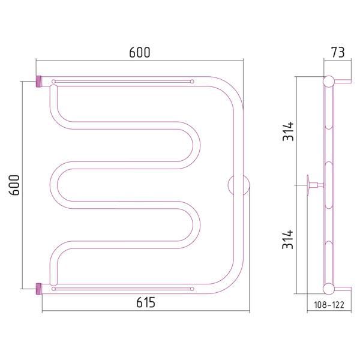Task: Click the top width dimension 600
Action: pyautogui.click(x=140, y=52)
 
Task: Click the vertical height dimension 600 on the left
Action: pyautogui.click(x=14, y=185)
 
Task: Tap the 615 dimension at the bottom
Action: pyautogui.click(x=146, y=302)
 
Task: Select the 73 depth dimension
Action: pyautogui.click(x=338, y=52)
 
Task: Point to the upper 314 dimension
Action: pyautogui.click(x=288, y=131)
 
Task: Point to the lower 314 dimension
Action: pyautogui.click(x=288, y=239)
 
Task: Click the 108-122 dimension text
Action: pyautogui.click(x=329, y=305)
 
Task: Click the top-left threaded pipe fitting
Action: pyautogui.click(x=38, y=82)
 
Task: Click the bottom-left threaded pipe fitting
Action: pyautogui.click(x=38, y=289)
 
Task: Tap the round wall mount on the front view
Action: pyautogui.click(x=239, y=185)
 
